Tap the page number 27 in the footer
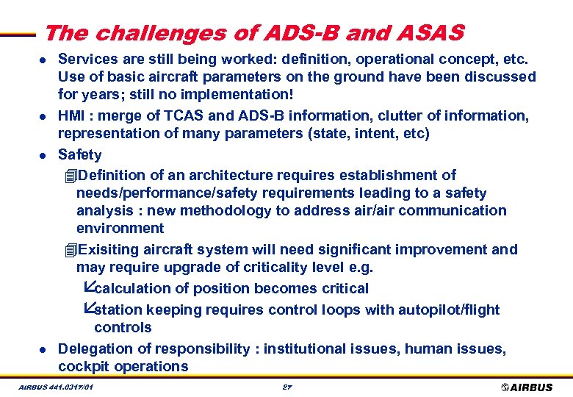coord(288,387)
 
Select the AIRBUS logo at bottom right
coord(527,387)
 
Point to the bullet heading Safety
coord(79,154)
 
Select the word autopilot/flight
coord(449,310)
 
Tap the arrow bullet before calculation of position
coord(88,287)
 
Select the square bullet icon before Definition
coord(70,176)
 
